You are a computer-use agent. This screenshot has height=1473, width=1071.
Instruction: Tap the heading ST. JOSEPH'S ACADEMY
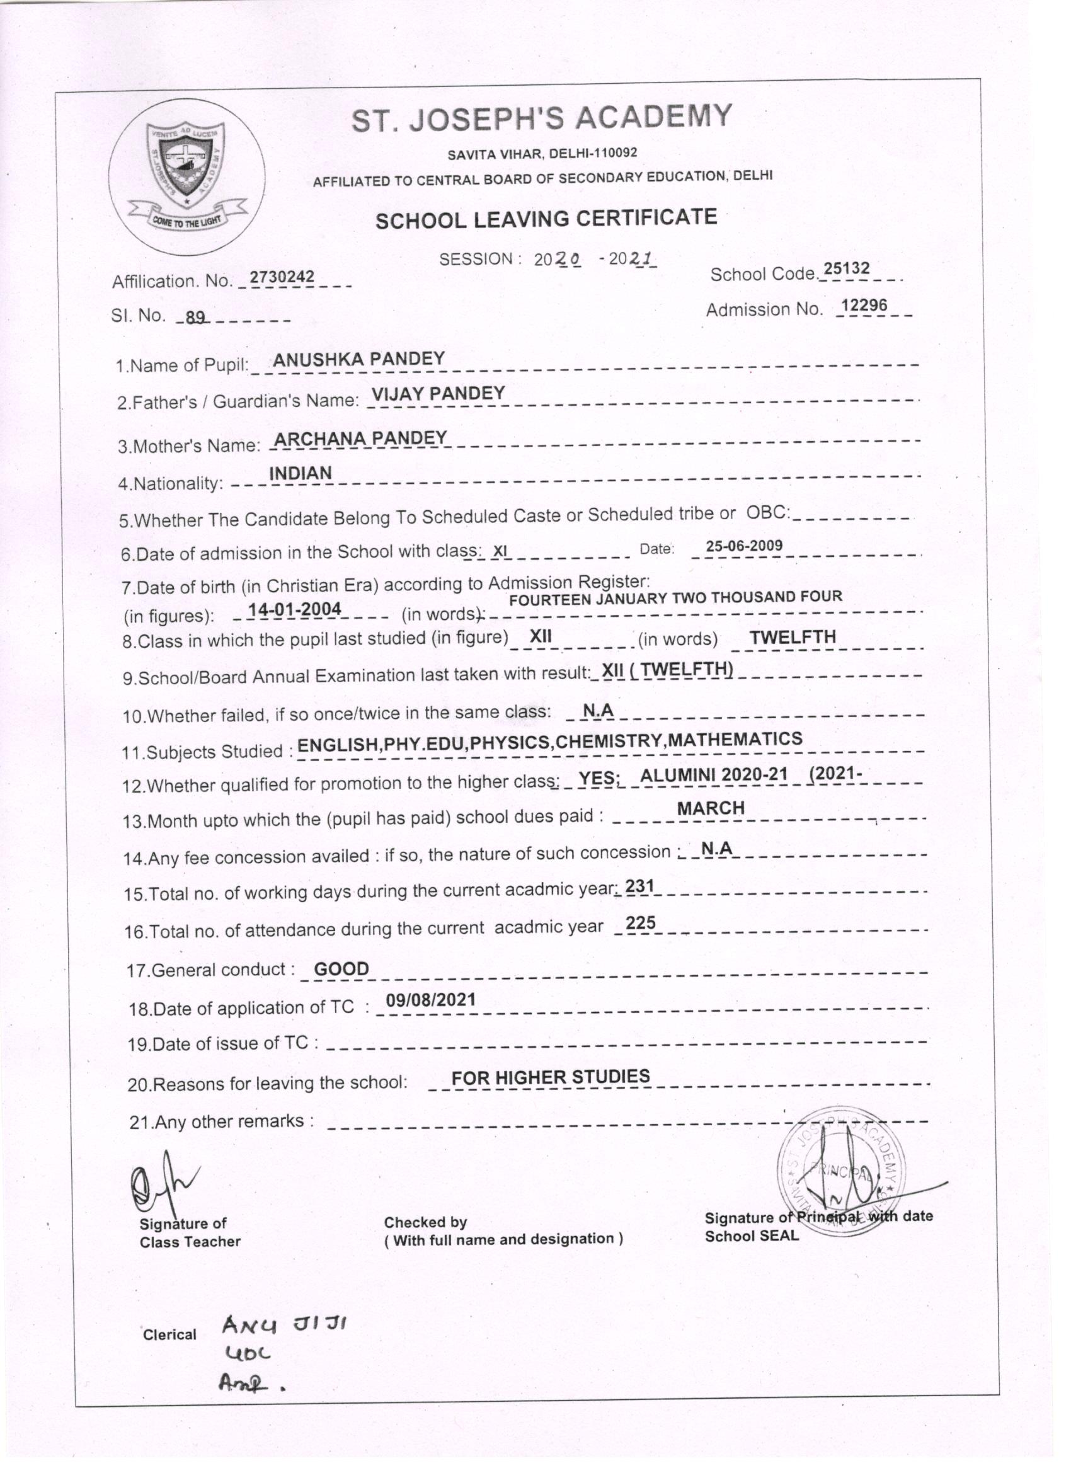[x=542, y=118]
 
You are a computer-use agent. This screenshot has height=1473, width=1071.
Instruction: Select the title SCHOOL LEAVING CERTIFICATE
[x=546, y=219]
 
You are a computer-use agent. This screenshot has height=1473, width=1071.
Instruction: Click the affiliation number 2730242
[x=282, y=277]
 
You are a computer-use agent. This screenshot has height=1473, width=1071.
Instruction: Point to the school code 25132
[x=845, y=270]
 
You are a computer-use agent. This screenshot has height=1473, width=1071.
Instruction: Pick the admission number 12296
[x=864, y=306]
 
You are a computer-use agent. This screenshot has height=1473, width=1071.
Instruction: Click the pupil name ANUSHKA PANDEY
[x=358, y=359]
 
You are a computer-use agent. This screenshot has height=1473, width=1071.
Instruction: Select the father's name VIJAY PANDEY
[x=438, y=394]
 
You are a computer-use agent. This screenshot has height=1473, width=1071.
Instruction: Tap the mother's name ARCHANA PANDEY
[x=360, y=438]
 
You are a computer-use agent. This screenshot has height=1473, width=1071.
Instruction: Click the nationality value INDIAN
[x=301, y=474]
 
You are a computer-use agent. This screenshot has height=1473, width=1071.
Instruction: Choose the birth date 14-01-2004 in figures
[x=295, y=609]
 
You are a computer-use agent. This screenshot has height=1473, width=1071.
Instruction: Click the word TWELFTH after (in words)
[x=793, y=637]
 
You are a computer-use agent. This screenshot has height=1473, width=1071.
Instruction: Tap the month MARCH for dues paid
[x=711, y=808]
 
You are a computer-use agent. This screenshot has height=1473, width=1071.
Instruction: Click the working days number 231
[x=639, y=886]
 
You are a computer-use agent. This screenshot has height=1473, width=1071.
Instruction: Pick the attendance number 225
[x=641, y=924]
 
